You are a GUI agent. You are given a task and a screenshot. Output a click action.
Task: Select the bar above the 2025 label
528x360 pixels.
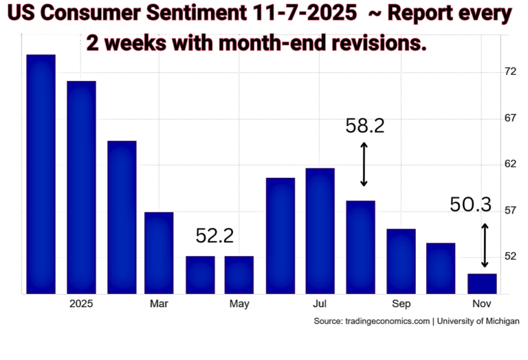pyautogui.click(x=81, y=187)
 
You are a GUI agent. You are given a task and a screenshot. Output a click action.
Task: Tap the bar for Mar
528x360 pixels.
pyautogui.click(x=159, y=253)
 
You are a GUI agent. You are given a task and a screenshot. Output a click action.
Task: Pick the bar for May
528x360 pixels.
pyautogui.click(x=239, y=275)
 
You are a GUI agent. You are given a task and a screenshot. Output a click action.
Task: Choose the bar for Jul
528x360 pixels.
pyautogui.click(x=320, y=231)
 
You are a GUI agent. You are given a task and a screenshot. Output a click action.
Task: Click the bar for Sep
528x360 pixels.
pyautogui.click(x=401, y=261)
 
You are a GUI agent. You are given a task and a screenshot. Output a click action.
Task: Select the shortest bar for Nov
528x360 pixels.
pyautogui.click(x=481, y=284)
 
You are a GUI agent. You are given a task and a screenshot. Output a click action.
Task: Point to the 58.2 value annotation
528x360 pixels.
pyautogui.click(x=364, y=126)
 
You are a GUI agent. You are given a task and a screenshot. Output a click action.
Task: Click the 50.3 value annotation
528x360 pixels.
pyautogui.click(x=471, y=205)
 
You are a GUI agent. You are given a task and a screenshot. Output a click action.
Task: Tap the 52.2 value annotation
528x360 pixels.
pyautogui.click(x=214, y=236)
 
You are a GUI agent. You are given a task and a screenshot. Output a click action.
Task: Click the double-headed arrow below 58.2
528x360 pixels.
pyautogui.click(x=364, y=164)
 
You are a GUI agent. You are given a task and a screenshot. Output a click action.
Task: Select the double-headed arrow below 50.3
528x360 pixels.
pyautogui.click(x=485, y=245)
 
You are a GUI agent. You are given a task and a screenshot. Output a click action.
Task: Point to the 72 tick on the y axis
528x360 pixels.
pyautogui.click(x=510, y=71)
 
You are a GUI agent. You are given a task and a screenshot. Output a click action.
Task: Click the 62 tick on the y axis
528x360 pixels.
pyautogui.click(x=510, y=164)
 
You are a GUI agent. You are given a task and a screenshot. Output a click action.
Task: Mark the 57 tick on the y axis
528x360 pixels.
pyautogui.click(x=510, y=210)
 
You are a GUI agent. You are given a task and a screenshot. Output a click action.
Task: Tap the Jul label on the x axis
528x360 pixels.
pyautogui.click(x=320, y=304)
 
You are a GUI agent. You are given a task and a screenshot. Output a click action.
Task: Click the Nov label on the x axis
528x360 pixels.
pyautogui.click(x=481, y=304)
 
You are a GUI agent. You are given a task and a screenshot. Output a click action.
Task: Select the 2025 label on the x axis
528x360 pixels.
pyautogui.click(x=81, y=304)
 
